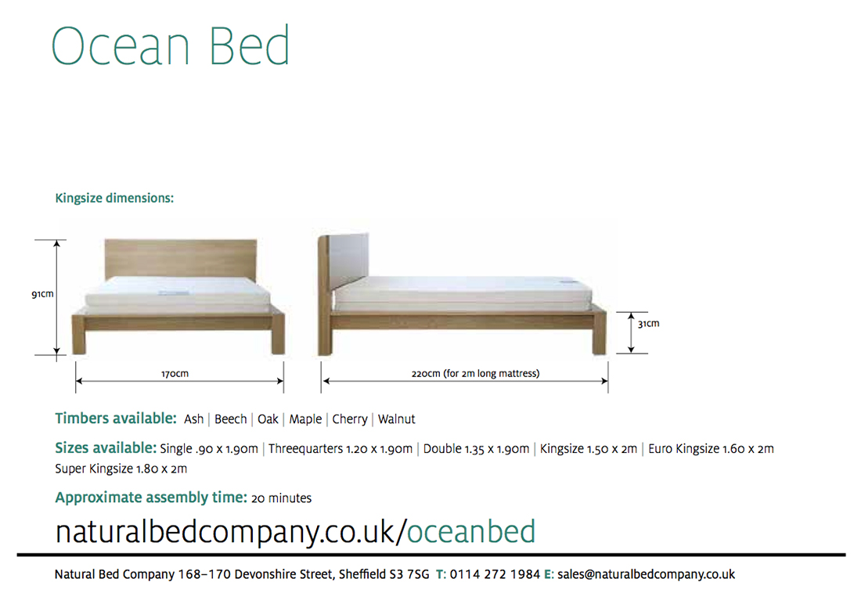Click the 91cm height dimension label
42,294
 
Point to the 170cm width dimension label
175,374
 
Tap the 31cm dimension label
649,324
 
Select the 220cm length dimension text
476,374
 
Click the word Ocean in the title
121,46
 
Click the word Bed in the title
249,45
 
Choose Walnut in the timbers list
397,419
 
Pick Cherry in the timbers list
350,419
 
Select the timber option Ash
194,419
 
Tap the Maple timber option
305,419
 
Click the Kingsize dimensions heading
114,198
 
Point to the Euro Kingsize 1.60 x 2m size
711,449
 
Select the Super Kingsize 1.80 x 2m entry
121,469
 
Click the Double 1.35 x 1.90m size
476,449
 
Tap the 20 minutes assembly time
281,498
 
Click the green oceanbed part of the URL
471,531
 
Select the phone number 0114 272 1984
495,574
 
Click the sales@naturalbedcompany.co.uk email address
646,574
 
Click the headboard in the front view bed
181,259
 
